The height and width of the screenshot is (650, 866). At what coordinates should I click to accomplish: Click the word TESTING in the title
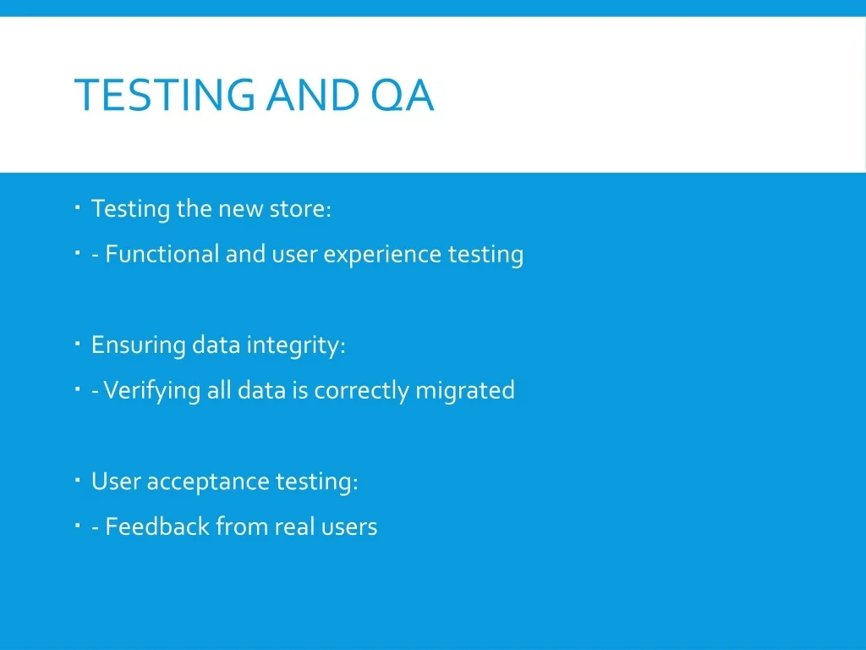click(x=165, y=95)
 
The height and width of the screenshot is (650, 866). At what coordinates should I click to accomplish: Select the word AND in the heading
click(x=313, y=95)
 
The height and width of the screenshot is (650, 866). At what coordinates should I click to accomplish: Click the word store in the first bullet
click(x=300, y=209)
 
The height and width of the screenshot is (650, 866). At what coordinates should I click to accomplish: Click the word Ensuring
click(x=138, y=346)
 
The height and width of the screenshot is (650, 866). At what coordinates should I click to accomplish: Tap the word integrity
click(x=295, y=346)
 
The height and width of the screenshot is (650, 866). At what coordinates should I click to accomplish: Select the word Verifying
click(x=152, y=391)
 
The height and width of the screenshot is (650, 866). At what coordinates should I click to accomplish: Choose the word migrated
click(x=465, y=391)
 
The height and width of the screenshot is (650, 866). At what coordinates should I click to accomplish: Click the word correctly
click(x=361, y=391)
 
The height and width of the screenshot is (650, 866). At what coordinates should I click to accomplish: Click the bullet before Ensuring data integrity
click(x=77, y=344)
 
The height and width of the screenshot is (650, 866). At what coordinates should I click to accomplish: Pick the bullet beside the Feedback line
click(x=77, y=526)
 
